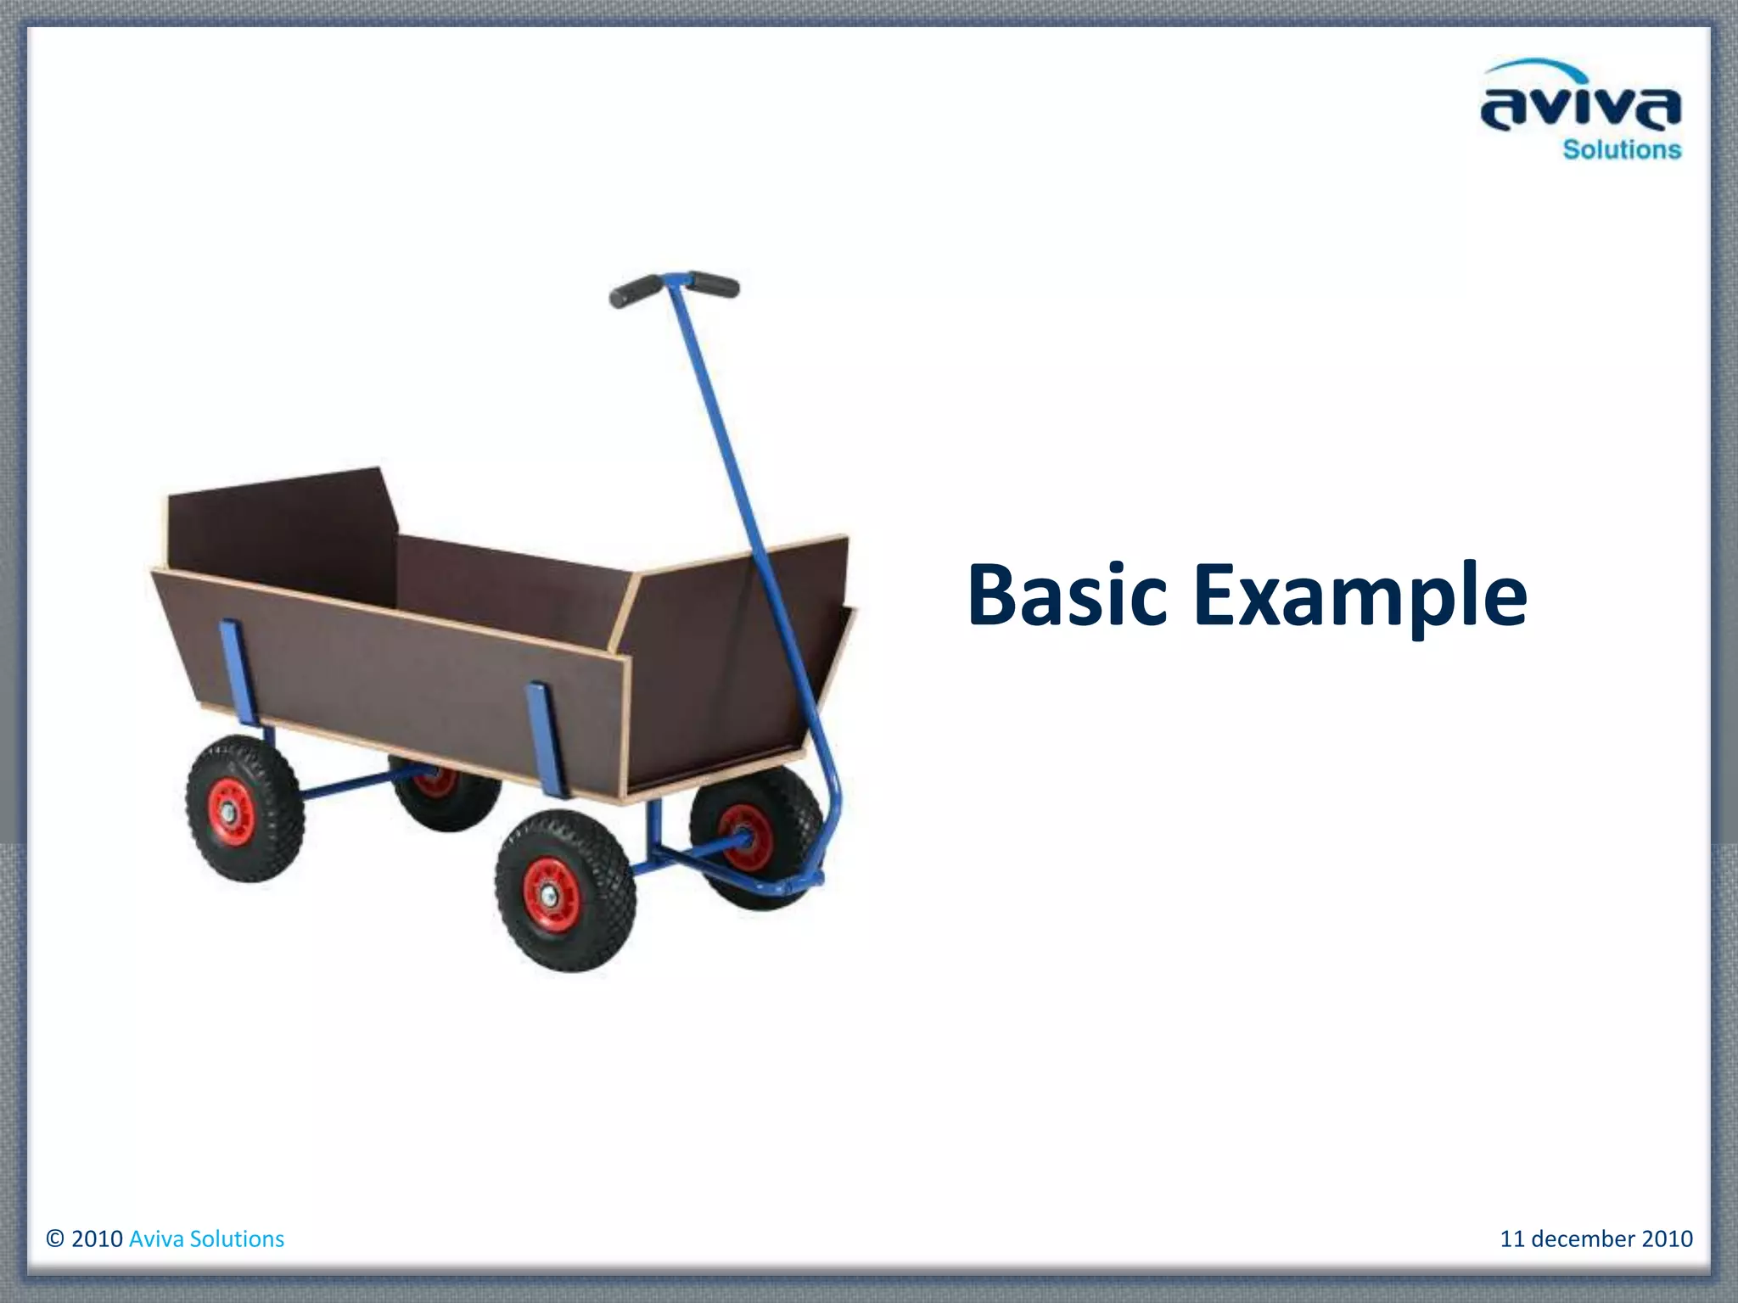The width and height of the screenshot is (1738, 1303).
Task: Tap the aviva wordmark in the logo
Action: [1580, 109]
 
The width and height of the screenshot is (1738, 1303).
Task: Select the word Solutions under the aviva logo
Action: [1622, 150]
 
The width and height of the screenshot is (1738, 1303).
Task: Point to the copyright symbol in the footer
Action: [55, 1239]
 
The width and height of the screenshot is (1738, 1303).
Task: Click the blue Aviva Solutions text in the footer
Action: [206, 1239]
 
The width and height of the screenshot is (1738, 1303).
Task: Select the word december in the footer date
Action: [1584, 1239]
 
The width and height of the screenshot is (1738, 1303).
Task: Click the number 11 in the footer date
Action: [1512, 1239]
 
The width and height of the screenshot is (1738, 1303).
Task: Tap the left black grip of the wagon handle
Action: [635, 291]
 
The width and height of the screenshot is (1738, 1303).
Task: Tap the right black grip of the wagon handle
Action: [715, 283]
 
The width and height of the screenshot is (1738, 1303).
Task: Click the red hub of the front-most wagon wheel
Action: [551, 894]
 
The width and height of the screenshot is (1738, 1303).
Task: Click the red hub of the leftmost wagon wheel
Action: [232, 812]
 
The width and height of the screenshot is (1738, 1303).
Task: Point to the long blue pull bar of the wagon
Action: [747, 526]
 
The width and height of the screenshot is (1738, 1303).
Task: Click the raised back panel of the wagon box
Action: [280, 534]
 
